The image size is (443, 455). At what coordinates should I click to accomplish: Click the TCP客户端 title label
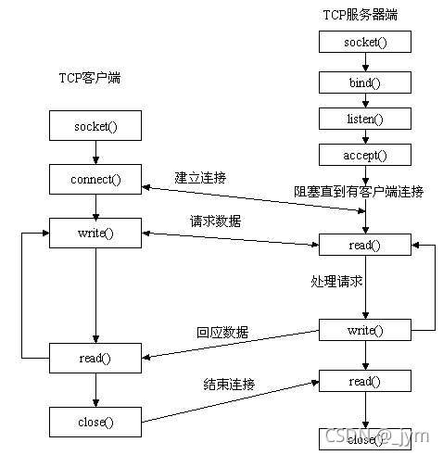click(83, 78)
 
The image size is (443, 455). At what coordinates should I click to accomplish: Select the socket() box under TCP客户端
click(95, 124)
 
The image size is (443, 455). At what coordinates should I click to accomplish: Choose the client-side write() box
click(95, 232)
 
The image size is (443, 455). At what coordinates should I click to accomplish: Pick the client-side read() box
click(95, 356)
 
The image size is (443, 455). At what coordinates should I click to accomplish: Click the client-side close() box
click(95, 422)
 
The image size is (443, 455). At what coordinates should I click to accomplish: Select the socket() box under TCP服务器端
click(364, 43)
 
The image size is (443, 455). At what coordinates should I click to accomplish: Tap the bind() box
click(364, 82)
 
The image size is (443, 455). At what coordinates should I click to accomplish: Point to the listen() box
click(364, 120)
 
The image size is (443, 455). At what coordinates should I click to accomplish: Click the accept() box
click(364, 155)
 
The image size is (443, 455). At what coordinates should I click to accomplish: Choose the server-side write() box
click(364, 329)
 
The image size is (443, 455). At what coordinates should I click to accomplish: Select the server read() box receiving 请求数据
click(364, 245)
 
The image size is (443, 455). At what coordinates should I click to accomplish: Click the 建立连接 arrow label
click(201, 176)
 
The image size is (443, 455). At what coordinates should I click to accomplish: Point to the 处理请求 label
click(335, 279)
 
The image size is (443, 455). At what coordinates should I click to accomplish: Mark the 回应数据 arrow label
click(221, 331)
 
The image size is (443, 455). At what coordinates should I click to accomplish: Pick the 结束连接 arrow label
click(229, 384)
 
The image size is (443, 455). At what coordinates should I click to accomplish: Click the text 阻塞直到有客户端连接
click(359, 192)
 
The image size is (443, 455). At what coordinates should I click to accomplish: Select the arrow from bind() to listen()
click(364, 100)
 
